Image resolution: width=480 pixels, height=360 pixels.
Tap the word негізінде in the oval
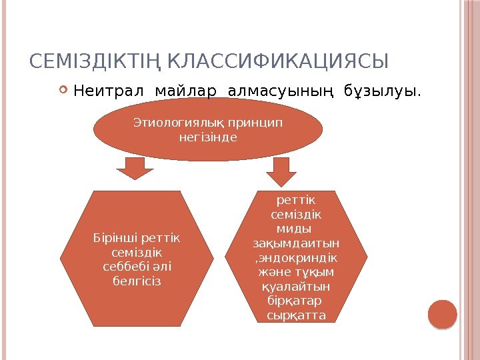(209, 138)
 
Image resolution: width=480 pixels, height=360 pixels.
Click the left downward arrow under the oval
(135, 169)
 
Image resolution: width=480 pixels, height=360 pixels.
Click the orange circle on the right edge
(443, 314)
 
